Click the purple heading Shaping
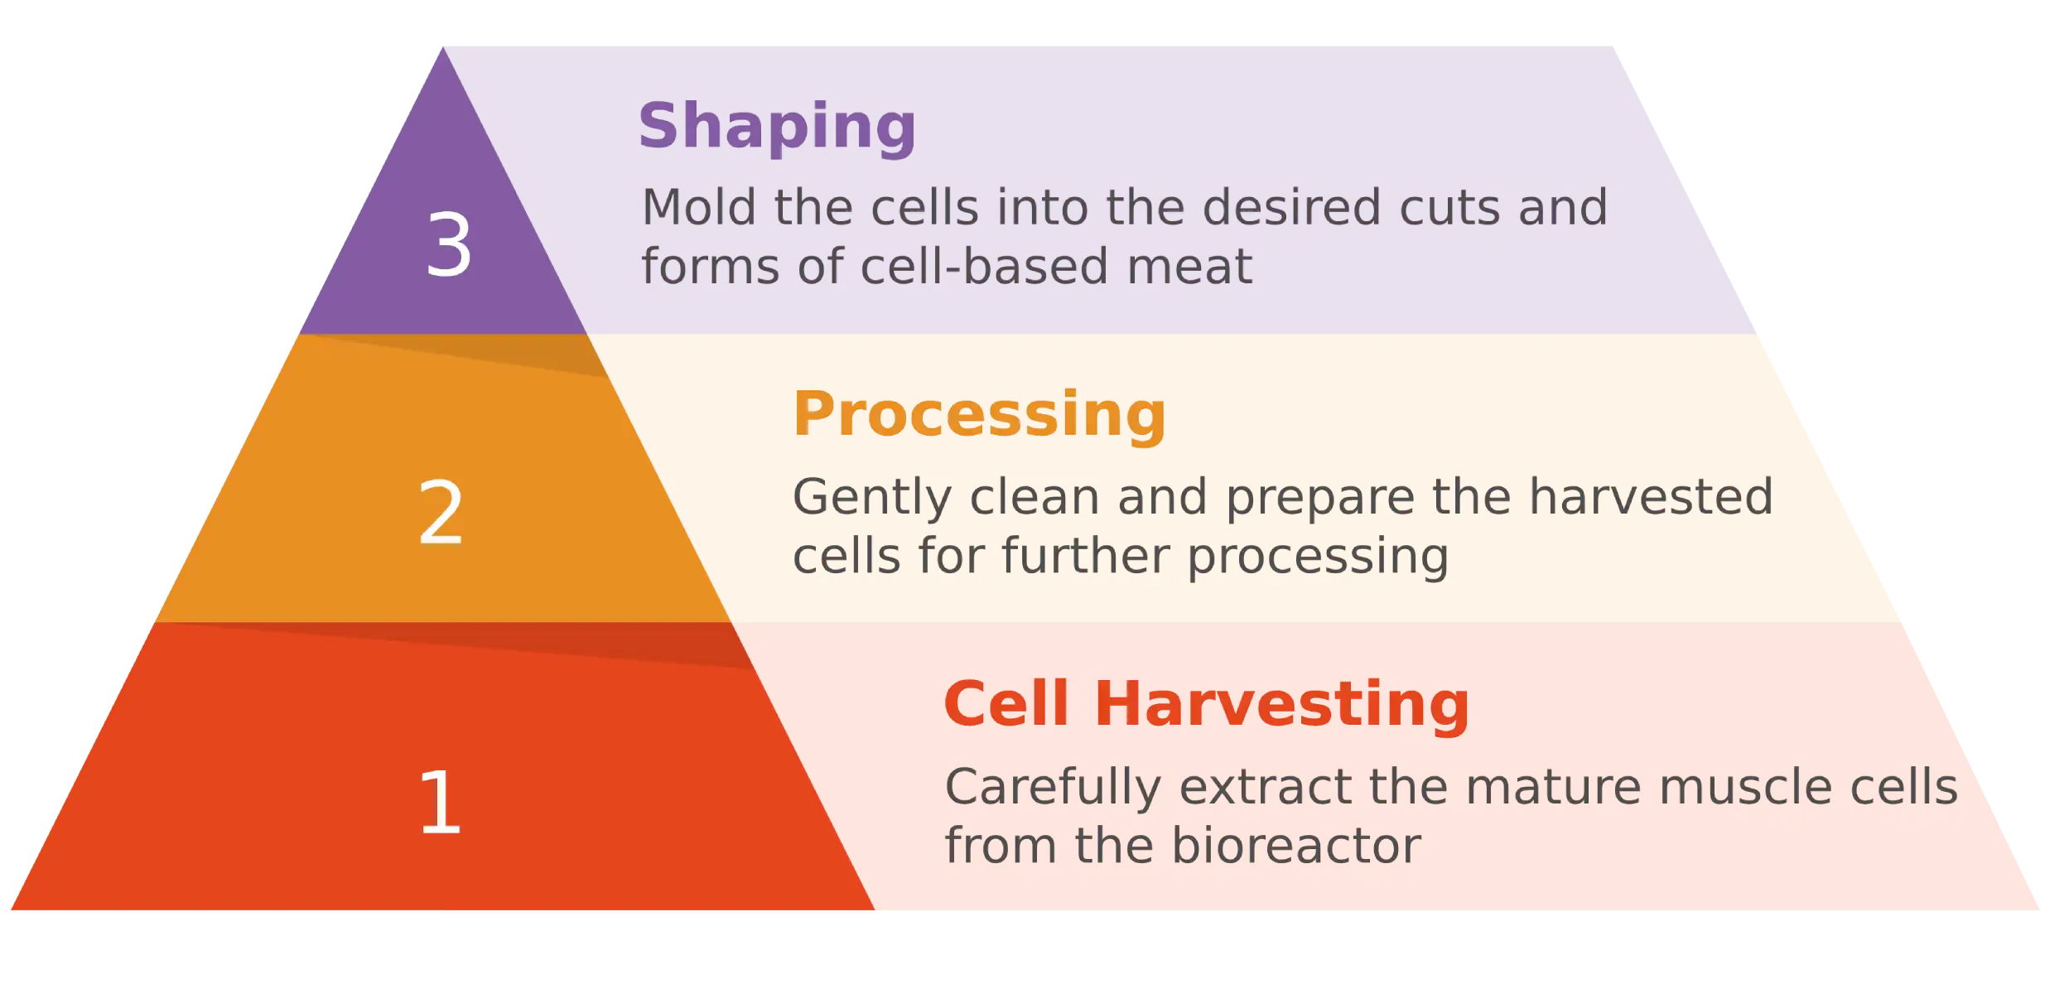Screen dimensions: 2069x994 coord(777,128)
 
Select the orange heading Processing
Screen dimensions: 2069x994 coord(979,416)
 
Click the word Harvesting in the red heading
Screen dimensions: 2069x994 coord(1281,706)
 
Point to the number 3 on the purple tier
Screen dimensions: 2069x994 coord(449,244)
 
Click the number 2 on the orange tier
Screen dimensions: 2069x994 coord(441,513)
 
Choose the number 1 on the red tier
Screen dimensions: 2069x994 coord(441,801)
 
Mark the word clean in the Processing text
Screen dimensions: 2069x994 coord(1034,496)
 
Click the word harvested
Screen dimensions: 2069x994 coord(1652,496)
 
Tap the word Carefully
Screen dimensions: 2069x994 coord(1053,788)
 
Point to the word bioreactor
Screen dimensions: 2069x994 coord(1296,846)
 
